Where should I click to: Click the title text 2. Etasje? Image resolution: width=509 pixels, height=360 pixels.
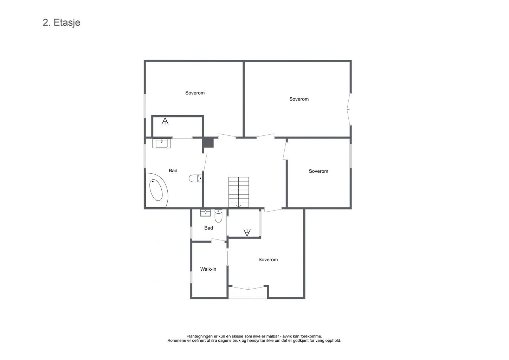coord(62,23)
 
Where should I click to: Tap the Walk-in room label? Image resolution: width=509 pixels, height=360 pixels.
coord(208,269)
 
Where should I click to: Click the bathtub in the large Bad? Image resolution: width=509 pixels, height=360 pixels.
coord(156,190)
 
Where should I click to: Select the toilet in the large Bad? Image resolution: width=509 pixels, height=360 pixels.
coord(195,178)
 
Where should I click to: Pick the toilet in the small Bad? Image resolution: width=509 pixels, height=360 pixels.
coord(218,216)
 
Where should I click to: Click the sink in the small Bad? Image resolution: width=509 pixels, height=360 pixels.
coord(205,213)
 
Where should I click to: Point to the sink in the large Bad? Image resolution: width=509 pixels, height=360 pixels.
coord(162,143)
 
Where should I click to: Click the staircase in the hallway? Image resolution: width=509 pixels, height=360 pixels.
coord(239,192)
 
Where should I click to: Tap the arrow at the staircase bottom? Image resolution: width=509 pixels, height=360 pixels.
coord(239,205)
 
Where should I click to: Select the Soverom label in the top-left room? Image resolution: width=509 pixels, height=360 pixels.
coord(195,93)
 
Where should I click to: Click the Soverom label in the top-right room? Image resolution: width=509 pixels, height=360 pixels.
coord(299,99)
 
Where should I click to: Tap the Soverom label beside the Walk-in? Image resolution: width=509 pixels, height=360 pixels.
coord(268,259)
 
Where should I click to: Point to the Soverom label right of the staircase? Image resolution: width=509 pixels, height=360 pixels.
coord(318,171)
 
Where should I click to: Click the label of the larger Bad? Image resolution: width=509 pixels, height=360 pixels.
coord(173,171)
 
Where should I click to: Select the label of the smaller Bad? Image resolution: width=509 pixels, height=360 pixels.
coord(208,228)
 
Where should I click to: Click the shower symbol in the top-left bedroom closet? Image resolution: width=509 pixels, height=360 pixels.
coord(165,121)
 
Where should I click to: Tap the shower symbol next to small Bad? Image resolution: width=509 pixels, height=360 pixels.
coord(247,233)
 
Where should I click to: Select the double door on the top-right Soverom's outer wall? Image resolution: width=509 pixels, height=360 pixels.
coord(349,109)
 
